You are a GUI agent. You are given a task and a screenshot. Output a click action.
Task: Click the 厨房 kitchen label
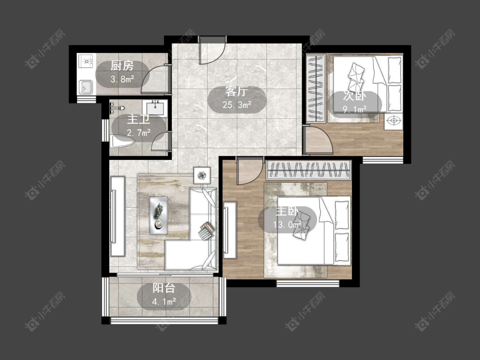click(x=122, y=66)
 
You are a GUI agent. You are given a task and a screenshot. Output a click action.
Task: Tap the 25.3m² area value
click(x=237, y=105)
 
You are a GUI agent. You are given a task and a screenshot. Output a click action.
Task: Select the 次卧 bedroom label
click(x=355, y=96)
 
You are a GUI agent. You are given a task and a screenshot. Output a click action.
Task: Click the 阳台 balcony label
click(x=164, y=288)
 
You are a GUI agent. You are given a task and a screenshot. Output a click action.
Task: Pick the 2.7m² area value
click(x=139, y=133)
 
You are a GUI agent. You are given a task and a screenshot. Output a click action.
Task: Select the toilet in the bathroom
click(x=122, y=142)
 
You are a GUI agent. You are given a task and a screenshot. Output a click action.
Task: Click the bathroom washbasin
click(x=155, y=108)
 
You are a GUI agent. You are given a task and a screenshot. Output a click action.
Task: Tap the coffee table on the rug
click(x=159, y=215)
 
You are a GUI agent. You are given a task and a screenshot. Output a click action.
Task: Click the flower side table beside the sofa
click(x=202, y=175)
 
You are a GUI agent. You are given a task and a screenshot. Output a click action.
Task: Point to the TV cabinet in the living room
click(x=118, y=216)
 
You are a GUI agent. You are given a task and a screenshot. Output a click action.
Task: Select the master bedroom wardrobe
click(x=308, y=170)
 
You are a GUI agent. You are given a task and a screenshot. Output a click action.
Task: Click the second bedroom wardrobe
click(x=316, y=88)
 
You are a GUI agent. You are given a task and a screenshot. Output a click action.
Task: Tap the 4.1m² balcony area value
click(x=164, y=302)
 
